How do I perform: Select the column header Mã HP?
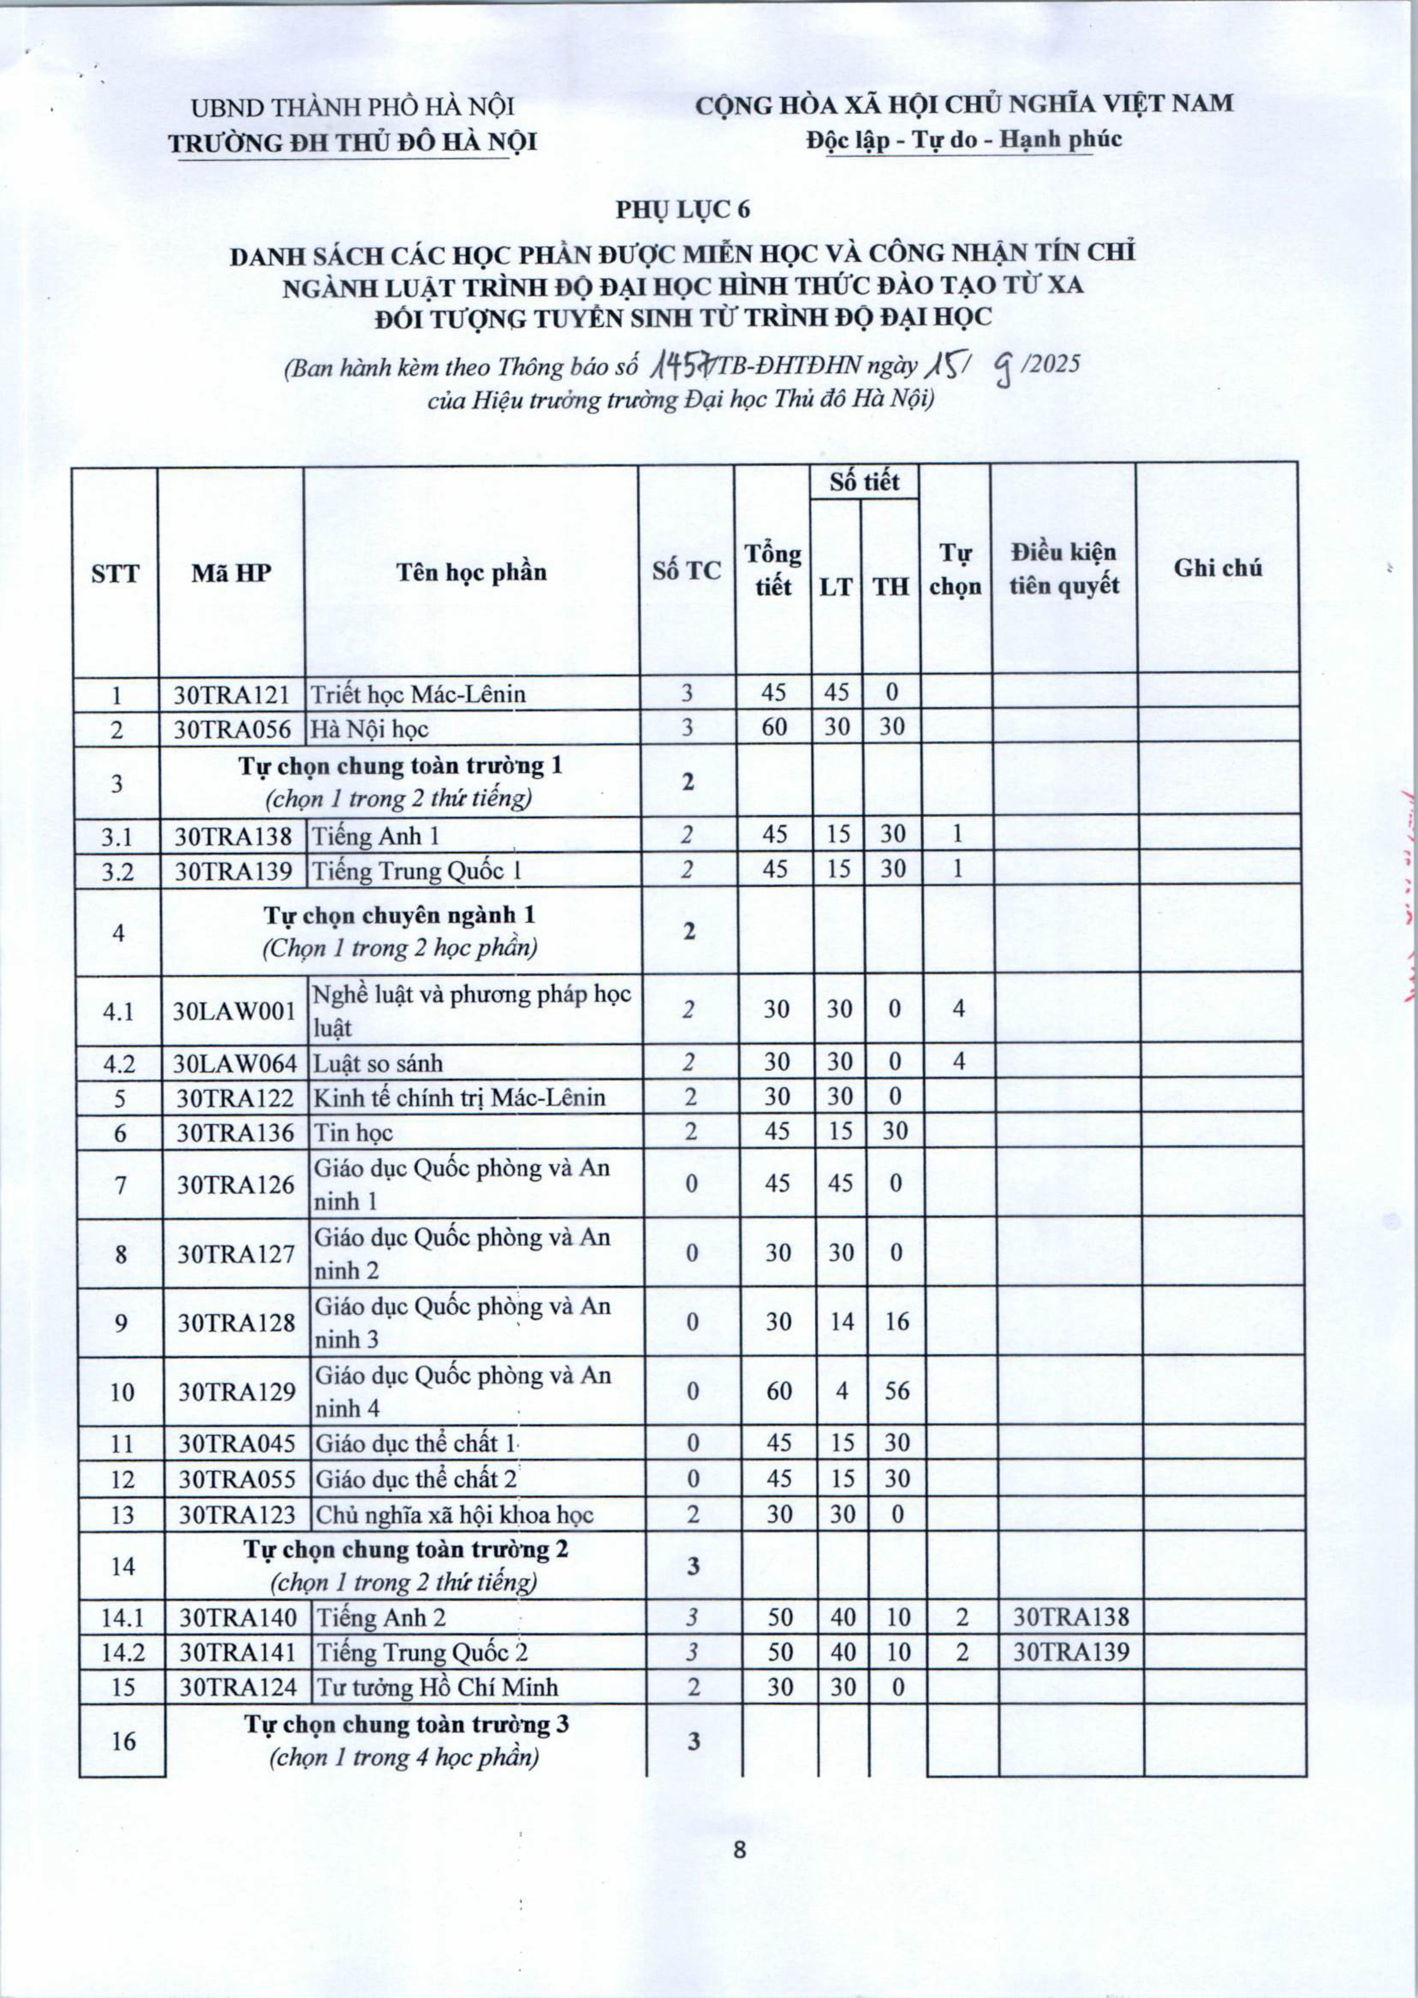(x=231, y=572)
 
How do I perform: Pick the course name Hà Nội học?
(x=371, y=729)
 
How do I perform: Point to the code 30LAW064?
(x=235, y=1063)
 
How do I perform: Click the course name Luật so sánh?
(x=378, y=1063)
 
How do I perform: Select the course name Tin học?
(x=353, y=1133)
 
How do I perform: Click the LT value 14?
(x=841, y=1322)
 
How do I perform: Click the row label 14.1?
(x=122, y=1617)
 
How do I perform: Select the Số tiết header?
(x=864, y=482)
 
